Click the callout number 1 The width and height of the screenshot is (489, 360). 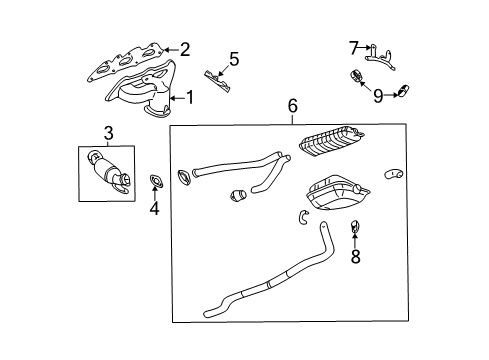click(x=186, y=97)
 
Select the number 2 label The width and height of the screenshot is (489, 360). click(x=183, y=48)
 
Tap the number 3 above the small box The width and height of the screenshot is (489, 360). click(x=107, y=132)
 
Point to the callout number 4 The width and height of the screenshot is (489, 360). click(x=154, y=208)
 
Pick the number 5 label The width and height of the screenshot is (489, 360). click(x=233, y=59)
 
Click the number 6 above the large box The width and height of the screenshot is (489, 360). click(x=292, y=106)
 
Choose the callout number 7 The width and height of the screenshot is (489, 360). click(x=353, y=46)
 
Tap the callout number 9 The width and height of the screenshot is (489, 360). click(x=377, y=96)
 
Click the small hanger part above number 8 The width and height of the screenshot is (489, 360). click(x=354, y=234)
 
